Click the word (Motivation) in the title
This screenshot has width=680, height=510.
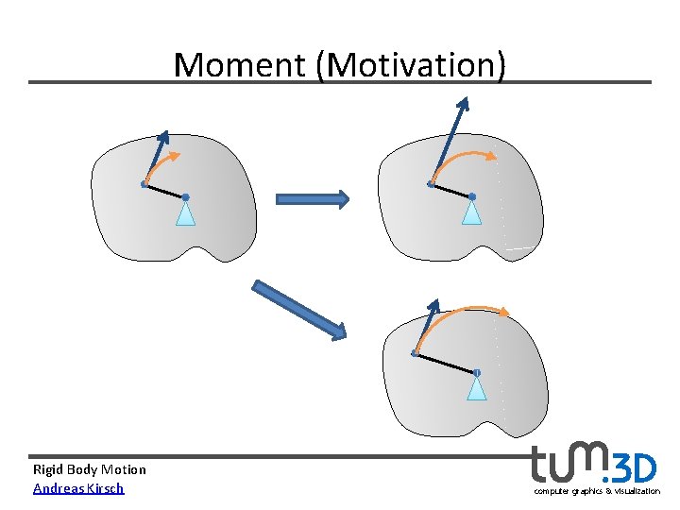click(412, 65)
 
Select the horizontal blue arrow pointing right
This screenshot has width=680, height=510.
click(312, 198)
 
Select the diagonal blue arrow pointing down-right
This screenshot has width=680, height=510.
click(298, 310)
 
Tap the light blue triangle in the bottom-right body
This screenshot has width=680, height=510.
click(478, 387)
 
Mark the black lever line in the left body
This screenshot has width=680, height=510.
click(165, 190)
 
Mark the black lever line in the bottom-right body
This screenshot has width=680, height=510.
click(446, 363)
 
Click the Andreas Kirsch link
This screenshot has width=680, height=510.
click(78, 488)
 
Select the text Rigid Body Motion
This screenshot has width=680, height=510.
click(90, 469)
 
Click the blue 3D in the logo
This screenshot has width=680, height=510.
click(634, 468)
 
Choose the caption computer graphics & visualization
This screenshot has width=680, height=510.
click(597, 491)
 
